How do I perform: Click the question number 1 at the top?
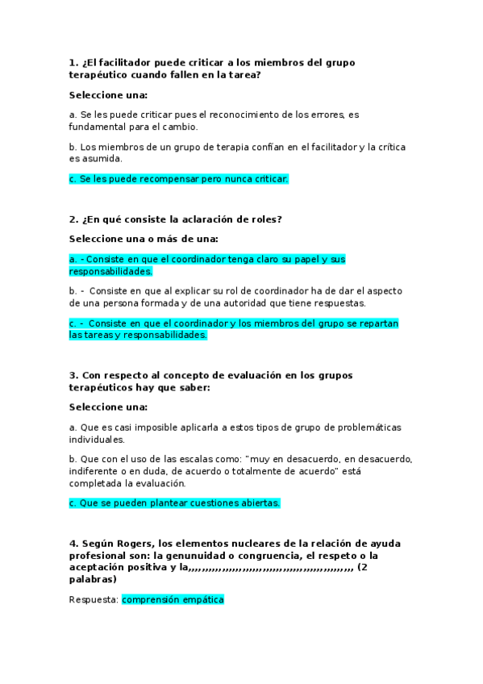(73, 62)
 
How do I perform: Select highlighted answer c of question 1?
(178, 178)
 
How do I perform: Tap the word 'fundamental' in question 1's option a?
(100, 127)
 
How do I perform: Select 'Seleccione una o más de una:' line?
(144, 239)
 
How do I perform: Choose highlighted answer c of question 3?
(174, 503)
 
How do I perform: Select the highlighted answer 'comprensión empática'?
(173, 599)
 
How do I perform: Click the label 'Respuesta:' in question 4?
(94, 599)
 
